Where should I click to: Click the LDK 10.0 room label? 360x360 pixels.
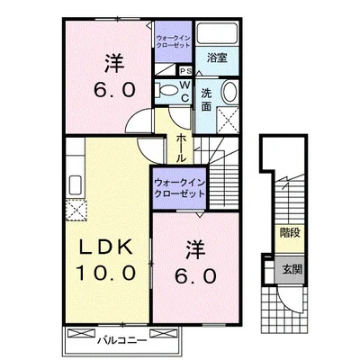[x=105, y=260]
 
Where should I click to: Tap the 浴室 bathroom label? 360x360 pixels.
[x=217, y=58]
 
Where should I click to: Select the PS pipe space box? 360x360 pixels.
[x=185, y=71]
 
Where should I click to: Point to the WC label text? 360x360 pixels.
[x=185, y=91]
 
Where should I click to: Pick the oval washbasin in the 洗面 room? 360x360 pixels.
[x=229, y=92]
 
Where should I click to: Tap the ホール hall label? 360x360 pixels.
[x=181, y=148]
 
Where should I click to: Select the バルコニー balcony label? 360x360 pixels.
[x=122, y=340]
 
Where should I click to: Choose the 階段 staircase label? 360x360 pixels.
[x=290, y=233]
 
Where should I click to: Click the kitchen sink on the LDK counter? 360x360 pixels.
[x=76, y=184]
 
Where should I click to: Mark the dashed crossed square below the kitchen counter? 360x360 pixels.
[x=76, y=210]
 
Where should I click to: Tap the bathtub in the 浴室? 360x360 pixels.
[x=217, y=33]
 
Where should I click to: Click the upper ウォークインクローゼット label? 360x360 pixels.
[x=174, y=41]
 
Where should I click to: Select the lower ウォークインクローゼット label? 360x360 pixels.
[x=179, y=188]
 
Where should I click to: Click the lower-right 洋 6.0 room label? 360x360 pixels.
[x=195, y=263]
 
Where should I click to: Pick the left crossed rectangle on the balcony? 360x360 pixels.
[x=81, y=333]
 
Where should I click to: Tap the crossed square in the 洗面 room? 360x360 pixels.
[x=228, y=120]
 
